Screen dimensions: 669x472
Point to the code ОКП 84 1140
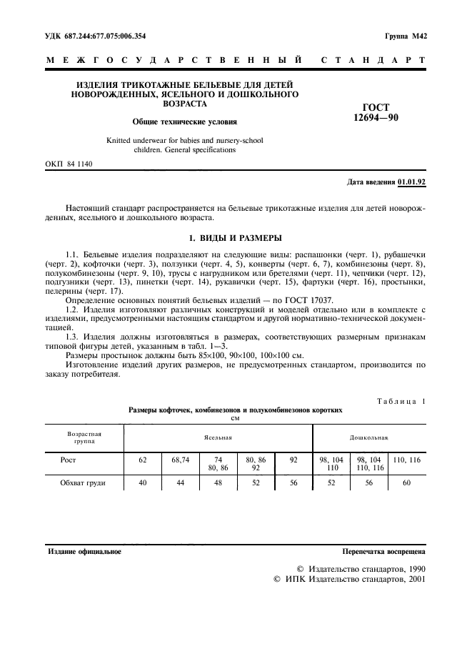tap(69, 164)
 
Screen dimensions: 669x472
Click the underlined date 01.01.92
tap(411, 182)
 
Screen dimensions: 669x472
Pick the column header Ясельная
tap(218, 436)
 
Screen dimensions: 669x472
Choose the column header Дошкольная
tap(368, 436)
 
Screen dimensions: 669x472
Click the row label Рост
tap(68, 461)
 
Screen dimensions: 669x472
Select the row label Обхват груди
tap(83, 483)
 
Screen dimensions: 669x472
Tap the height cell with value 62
tap(142, 461)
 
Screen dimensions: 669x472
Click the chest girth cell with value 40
tap(142, 483)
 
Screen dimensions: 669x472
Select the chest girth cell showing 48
tap(218, 483)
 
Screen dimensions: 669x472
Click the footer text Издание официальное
tap(84, 552)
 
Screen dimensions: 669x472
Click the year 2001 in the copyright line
tap(413, 580)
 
